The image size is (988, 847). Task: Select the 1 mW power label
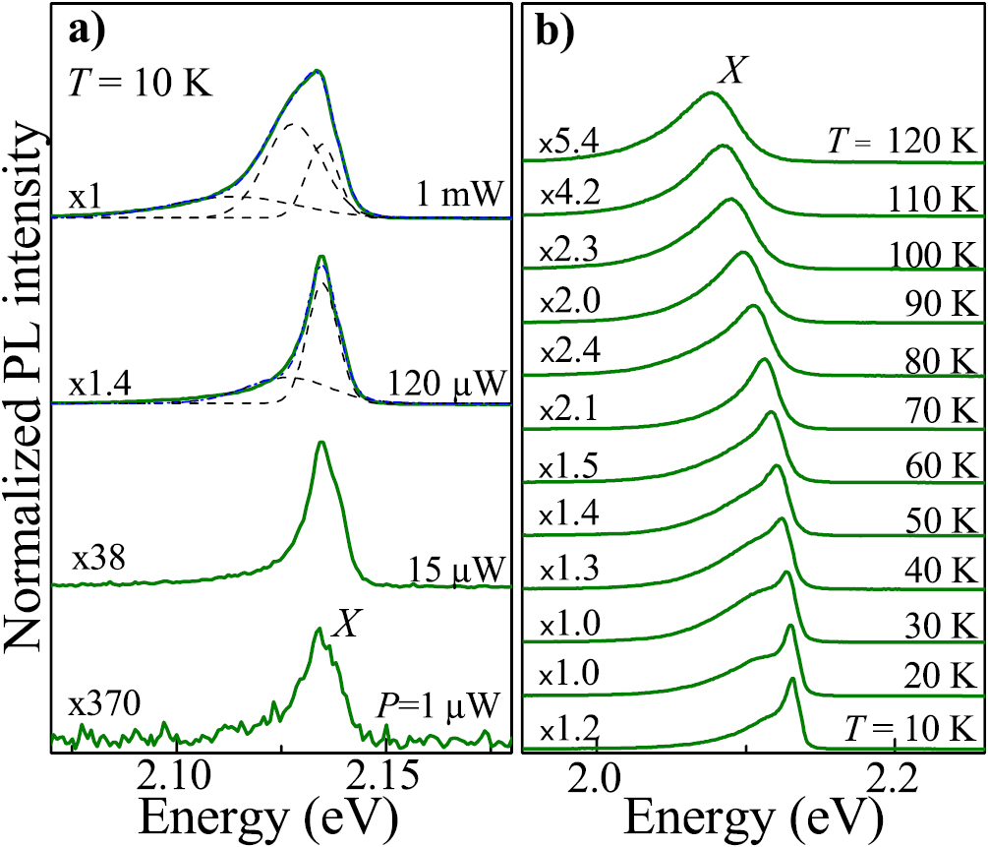coord(459,196)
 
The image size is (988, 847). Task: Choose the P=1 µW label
coord(439,704)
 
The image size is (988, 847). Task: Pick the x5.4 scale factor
coord(567,144)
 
